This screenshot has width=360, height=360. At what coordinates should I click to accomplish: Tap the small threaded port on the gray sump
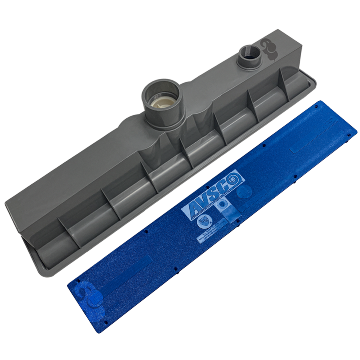249,58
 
